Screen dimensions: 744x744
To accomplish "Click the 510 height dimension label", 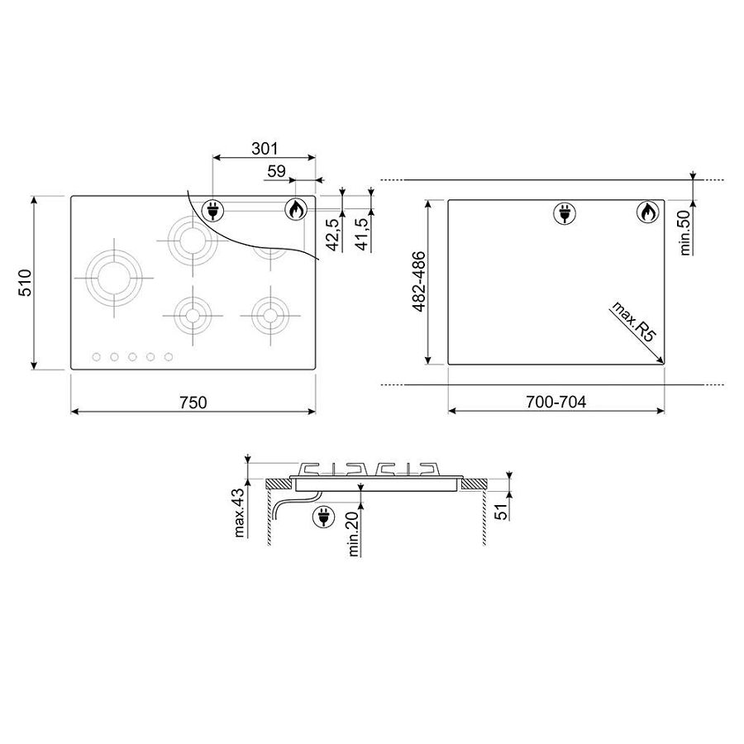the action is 25,283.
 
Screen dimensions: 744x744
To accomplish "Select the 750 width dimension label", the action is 193,403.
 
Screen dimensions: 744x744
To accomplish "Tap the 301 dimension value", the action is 265,149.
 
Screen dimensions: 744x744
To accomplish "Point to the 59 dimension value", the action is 277,171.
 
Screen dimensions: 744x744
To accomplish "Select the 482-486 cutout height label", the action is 419,282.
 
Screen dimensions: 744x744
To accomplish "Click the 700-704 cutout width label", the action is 556,402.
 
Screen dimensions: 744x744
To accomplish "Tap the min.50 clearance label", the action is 684,233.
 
